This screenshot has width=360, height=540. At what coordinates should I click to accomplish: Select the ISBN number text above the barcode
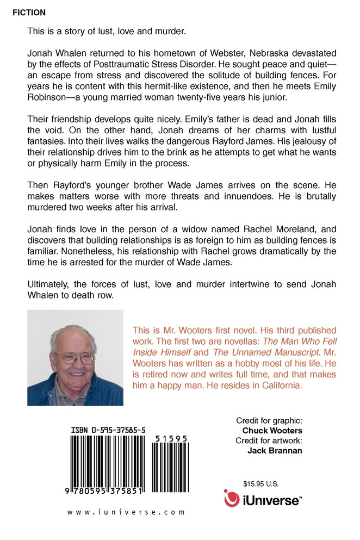pyautogui.click(x=108, y=430)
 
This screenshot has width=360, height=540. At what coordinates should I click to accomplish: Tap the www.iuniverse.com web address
pyautogui.click(x=126, y=512)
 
